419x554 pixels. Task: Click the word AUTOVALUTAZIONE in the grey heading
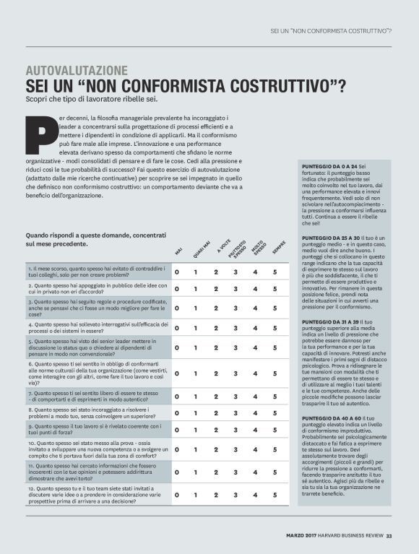click(77, 71)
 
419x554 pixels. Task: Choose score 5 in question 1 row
click(275, 272)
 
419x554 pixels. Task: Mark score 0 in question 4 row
click(176, 327)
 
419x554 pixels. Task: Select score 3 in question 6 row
click(235, 373)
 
